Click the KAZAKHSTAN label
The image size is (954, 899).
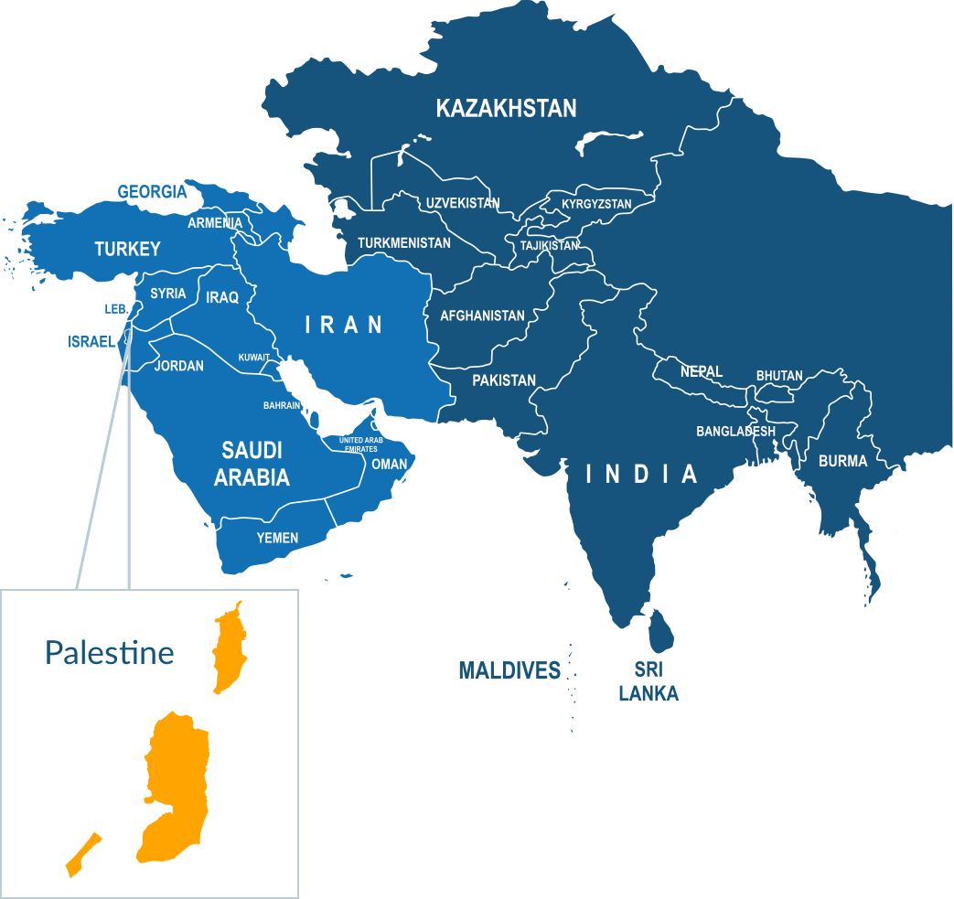tap(506, 109)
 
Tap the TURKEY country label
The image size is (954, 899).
tap(127, 249)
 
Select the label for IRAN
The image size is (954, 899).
tap(343, 324)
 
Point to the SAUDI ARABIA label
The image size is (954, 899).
tap(252, 464)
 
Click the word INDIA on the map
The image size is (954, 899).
tap(641, 474)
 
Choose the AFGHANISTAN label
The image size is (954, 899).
tap(482, 316)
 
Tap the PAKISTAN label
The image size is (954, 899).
tap(504, 380)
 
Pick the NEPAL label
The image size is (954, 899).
tap(702, 371)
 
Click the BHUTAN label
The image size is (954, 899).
tap(779, 376)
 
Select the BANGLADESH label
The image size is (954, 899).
tap(735, 431)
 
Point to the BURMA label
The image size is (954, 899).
tap(842, 461)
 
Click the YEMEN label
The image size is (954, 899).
tap(276, 538)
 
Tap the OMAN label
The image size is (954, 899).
tap(390, 465)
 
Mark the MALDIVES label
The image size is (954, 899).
tap(509, 671)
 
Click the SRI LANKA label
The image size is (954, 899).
tap(649, 682)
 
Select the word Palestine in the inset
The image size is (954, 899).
tap(110, 652)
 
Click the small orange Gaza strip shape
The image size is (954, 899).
tap(82, 855)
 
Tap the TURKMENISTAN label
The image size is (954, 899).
tap(403, 243)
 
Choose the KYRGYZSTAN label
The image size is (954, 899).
tap(596, 204)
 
